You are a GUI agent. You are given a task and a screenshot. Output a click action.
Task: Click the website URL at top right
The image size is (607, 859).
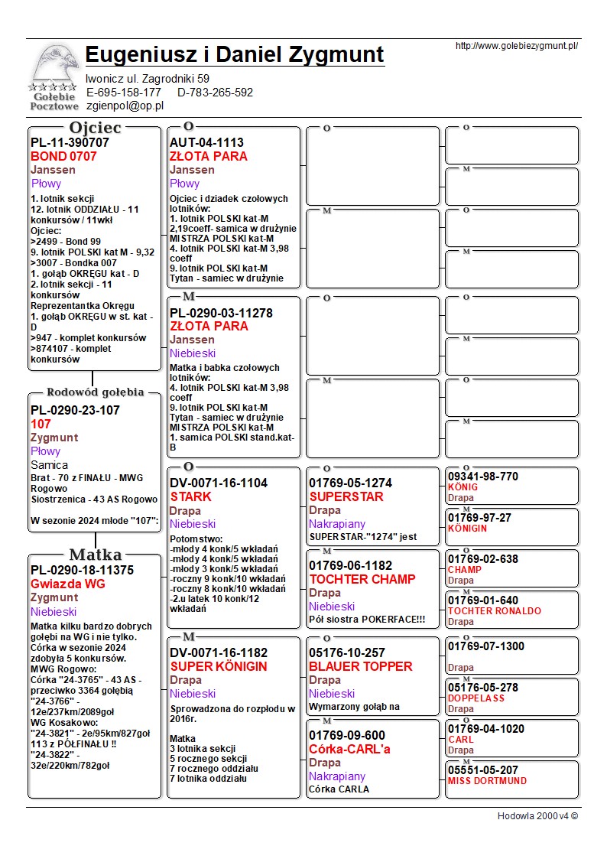pyautogui.click(x=516, y=46)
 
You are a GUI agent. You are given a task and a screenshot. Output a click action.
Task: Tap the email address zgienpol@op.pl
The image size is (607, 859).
pyautogui.click(x=125, y=106)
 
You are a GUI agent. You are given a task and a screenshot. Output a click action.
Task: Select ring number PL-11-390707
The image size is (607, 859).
pyautogui.click(x=70, y=142)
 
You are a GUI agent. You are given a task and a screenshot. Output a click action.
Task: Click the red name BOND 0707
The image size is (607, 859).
pyautogui.click(x=63, y=156)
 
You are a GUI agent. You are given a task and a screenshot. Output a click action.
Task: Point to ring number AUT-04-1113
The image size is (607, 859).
pyautogui.click(x=206, y=142)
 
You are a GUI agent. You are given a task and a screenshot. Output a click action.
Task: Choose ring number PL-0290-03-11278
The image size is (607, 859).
pyautogui.click(x=221, y=313)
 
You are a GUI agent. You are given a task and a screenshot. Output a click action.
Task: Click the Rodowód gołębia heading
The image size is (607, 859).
pyautogui.click(x=96, y=392)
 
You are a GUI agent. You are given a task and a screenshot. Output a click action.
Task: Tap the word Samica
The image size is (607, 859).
pyautogui.click(x=49, y=464)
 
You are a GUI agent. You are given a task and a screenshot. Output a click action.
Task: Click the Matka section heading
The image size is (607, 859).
pyautogui.click(x=96, y=555)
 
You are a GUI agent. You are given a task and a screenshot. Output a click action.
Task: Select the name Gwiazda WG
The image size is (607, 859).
pyautogui.click(x=67, y=584)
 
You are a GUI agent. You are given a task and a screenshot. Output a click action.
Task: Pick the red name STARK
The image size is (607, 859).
pyautogui.click(x=190, y=496)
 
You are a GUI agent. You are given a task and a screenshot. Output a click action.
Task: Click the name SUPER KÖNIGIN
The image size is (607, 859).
pyautogui.click(x=218, y=666)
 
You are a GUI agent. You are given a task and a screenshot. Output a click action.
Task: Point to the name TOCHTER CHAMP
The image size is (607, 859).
pyautogui.click(x=362, y=579)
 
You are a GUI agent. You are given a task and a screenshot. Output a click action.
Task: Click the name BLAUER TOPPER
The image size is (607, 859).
pyautogui.click(x=360, y=666)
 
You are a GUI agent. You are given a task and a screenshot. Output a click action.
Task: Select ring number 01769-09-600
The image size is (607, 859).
pyautogui.click(x=347, y=735)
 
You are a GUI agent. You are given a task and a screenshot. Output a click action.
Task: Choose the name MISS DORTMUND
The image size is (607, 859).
pyautogui.click(x=487, y=781)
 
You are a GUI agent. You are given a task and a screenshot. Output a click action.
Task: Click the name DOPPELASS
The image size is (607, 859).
pyautogui.click(x=476, y=698)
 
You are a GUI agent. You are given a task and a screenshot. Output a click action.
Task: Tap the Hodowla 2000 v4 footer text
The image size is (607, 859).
pyautogui.click(x=537, y=815)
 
